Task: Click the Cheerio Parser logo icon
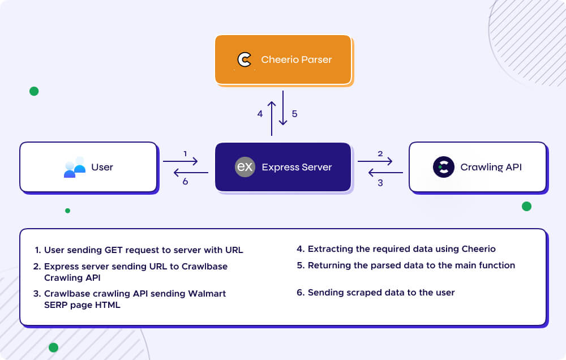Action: [x=245, y=59]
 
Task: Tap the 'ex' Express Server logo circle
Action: [x=245, y=167]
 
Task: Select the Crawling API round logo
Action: [x=444, y=167]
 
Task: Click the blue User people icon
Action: [x=74, y=167]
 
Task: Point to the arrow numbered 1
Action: [x=180, y=161]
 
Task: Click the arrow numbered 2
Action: [x=375, y=161]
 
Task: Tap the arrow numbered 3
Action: [x=385, y=173]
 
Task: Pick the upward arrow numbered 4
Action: [x=272, y=118]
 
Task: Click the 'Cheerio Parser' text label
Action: [x=297, y=59]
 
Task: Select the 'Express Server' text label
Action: [x=297, y=167]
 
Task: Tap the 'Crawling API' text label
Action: [x=491, y=167]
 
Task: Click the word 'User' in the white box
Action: [x=102, y=167]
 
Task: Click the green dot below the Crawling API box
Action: [x=526, y=207]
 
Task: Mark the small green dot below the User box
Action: [x=68, y=211]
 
